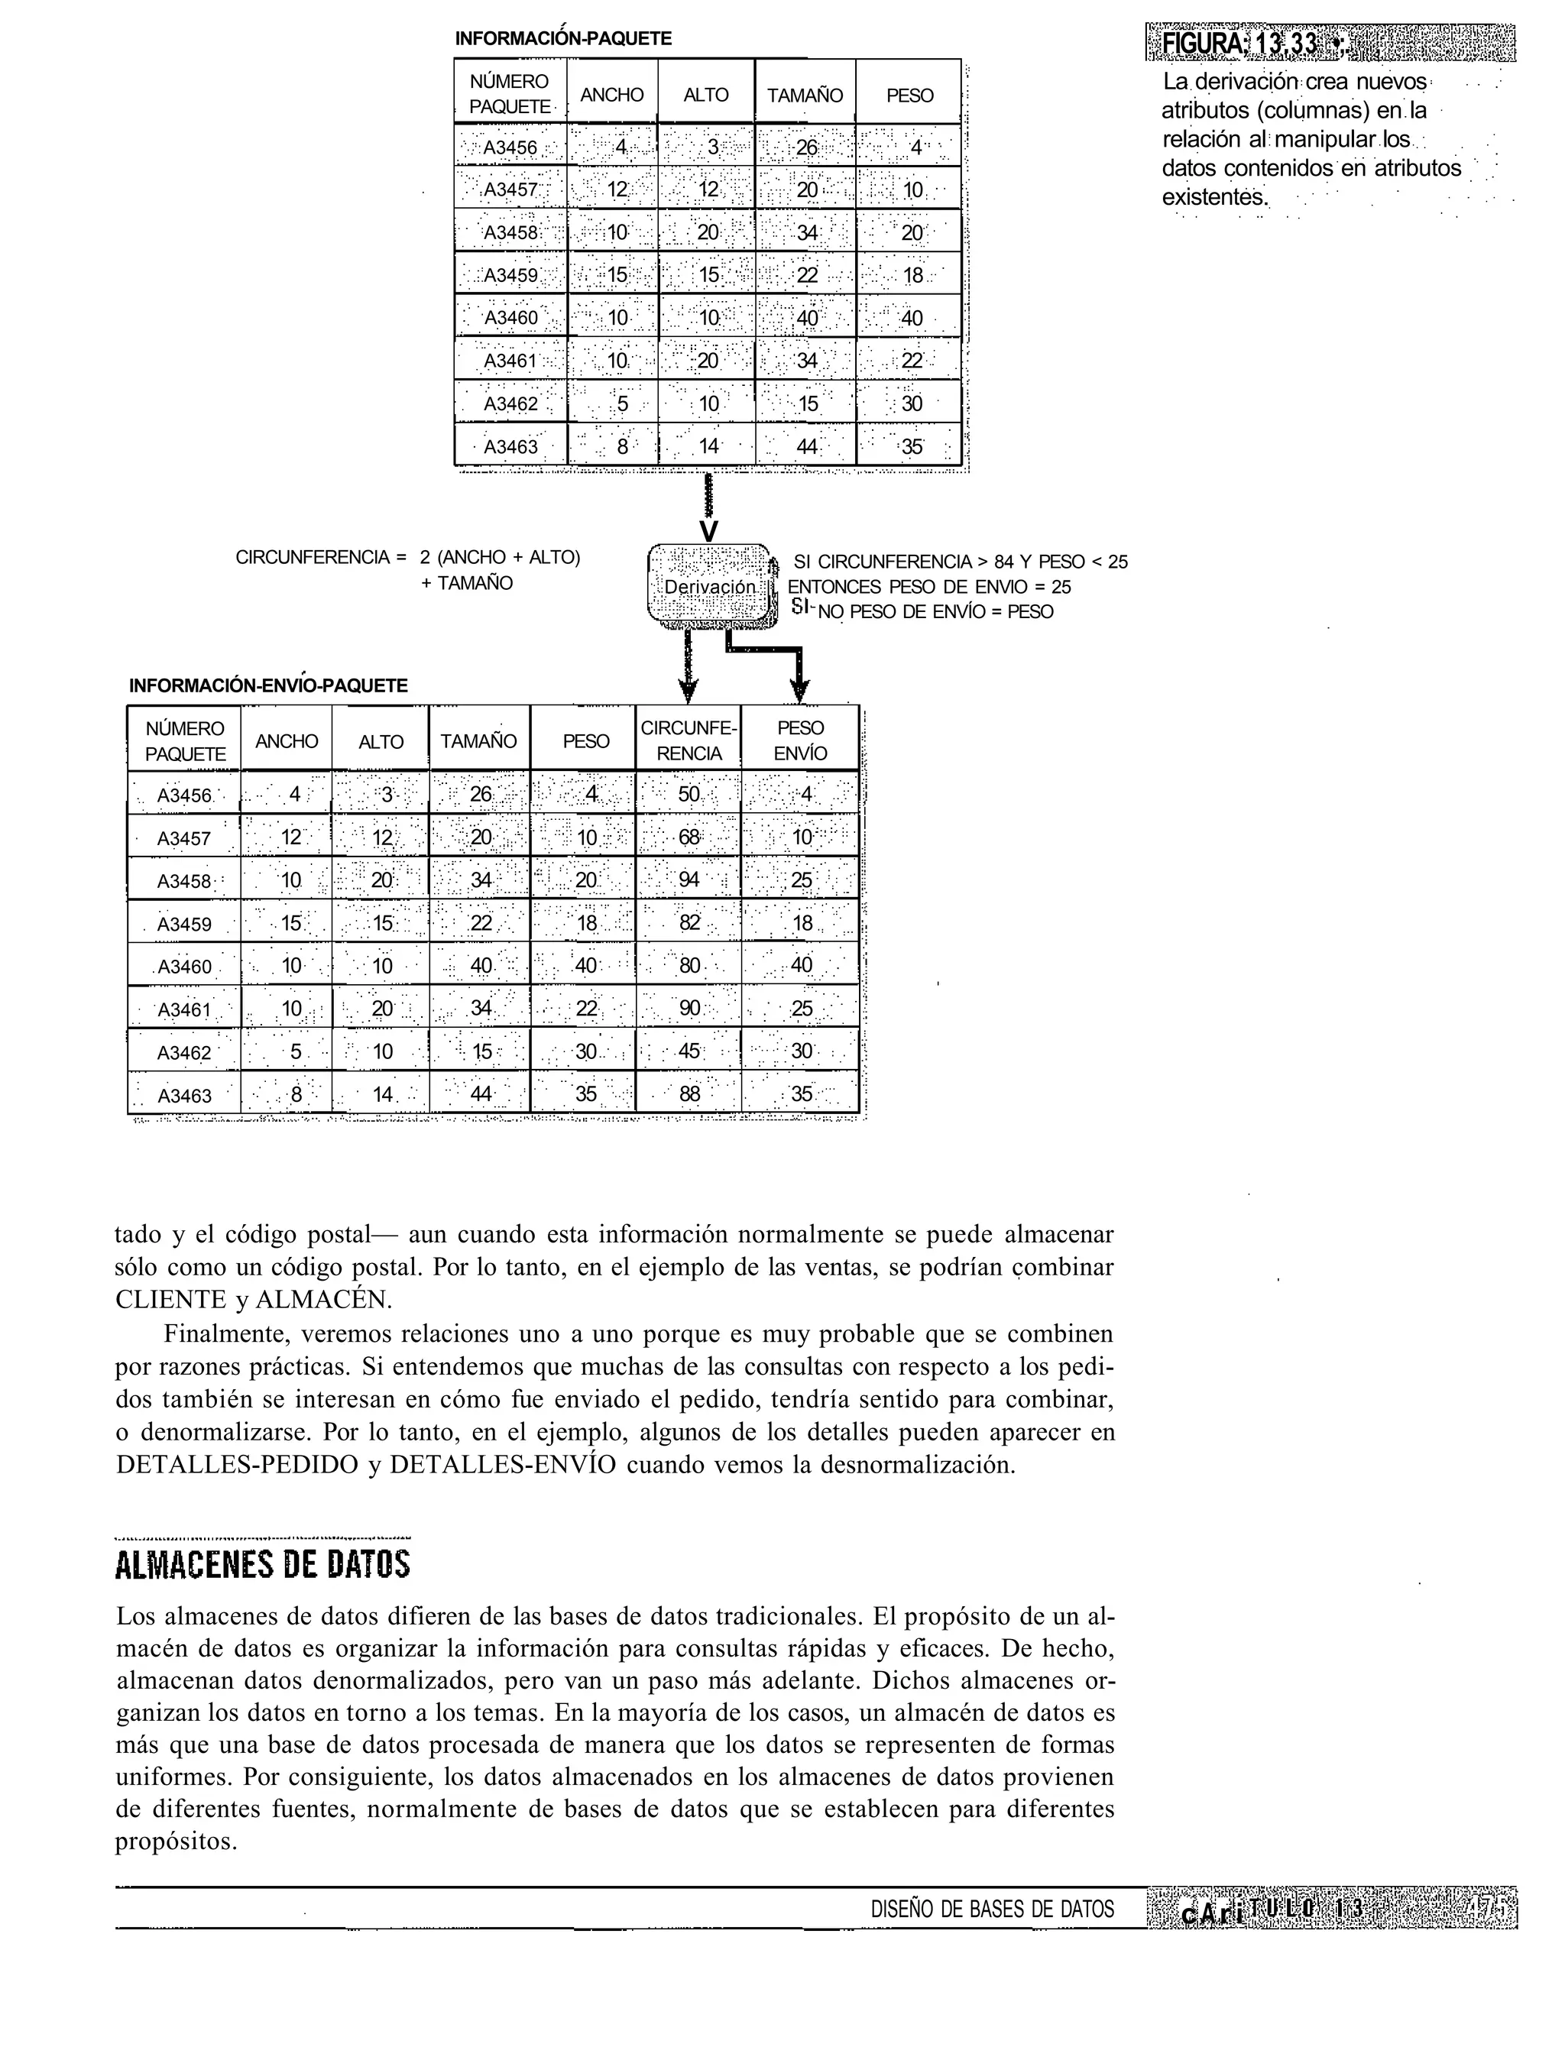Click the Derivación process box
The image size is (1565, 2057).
tap(710, 587)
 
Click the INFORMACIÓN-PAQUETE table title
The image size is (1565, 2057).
tap(562, 39)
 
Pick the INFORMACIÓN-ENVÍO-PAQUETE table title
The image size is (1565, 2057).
tap(268, 685)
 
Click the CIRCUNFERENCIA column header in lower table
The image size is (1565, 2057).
tap(689, 740)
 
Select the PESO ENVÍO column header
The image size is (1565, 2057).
tap(800, 740)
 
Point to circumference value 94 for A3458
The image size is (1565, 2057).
tap(689, 879)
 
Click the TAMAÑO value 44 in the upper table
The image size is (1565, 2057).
tap(807, 446)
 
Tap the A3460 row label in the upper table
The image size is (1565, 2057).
tap(510, 318)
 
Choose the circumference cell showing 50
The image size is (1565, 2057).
tap(689, 795)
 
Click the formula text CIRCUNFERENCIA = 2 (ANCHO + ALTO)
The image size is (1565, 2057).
tap(407, 557)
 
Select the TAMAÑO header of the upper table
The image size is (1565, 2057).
tap(805, 95)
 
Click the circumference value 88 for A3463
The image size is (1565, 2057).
tap(689, 1093)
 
